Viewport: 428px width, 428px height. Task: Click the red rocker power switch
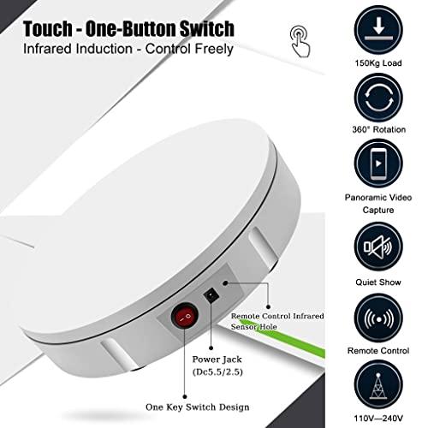click(185, 317)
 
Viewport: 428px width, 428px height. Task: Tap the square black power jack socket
click(211, 295)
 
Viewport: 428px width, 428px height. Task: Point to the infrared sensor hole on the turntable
click(225, 283)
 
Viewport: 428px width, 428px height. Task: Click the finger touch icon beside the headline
click(300, 41)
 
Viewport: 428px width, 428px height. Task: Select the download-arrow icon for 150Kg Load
click(378, 30)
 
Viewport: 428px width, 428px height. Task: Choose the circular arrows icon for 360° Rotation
click(378, 98)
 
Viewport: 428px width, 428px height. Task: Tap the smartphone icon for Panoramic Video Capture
click(378, 163)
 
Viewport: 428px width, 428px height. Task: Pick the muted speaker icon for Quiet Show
click(378, 247)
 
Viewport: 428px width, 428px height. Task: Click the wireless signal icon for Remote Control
click(378, 318)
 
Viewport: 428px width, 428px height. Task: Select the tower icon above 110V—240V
click(378, 385)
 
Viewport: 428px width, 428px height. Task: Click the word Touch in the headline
click(48, 29)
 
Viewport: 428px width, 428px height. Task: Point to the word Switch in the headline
click(207, 29)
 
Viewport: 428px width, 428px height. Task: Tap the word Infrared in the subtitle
click(47, 49)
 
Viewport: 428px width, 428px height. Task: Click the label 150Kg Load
click(378, 63)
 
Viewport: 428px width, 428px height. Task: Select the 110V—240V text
click(378, 419)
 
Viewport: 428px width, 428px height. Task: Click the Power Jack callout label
click(217, 366)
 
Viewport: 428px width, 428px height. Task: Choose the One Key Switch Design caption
click(198, 407)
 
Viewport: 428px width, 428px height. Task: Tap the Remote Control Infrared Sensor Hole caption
click(277, 321)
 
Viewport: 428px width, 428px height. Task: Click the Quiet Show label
click(378, 282)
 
